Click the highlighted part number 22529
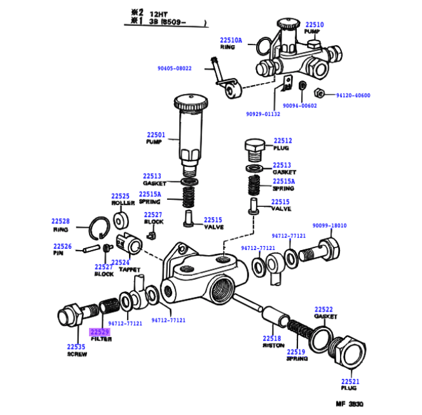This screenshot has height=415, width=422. click(x=99, y=332)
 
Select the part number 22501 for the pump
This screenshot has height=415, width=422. click(x=156, y=135)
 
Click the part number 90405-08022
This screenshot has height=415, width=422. click(x=174, y=68)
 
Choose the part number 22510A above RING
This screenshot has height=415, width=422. click(x=231, y=39)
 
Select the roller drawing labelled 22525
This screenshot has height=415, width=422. click(x=121, y=220)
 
